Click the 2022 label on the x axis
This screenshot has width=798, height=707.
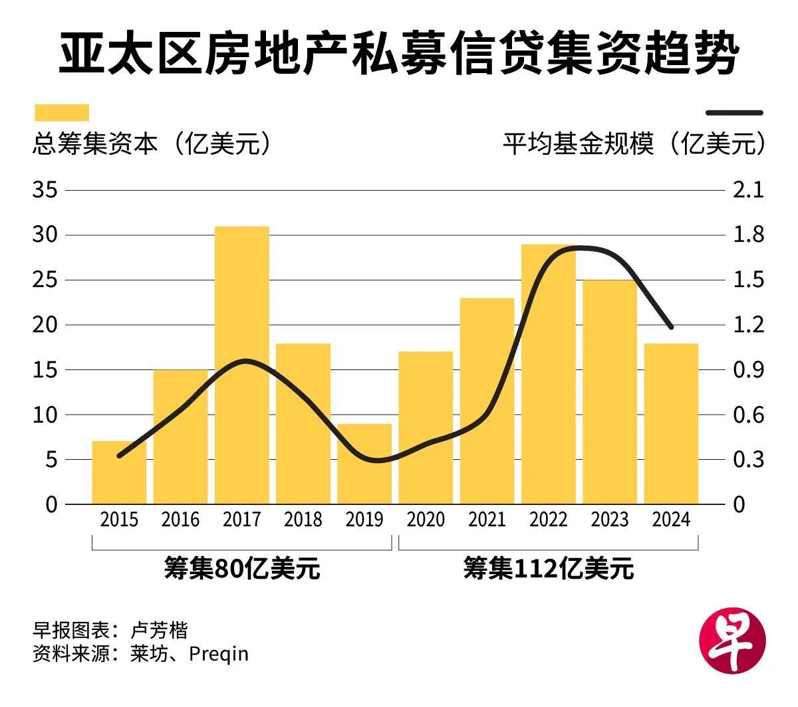[x=549, y=519]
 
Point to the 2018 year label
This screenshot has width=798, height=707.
[x=303, y=519]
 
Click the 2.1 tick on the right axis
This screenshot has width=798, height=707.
[x=748, y=190]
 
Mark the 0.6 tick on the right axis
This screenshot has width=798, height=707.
[x=748, y=415]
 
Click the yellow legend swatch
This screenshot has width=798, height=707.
[x=61, y=112]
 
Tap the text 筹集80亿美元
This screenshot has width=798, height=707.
[x=242, y=569]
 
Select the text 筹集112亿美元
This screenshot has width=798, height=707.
[x=549, y=569]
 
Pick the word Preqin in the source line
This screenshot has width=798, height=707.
[x=219, y=654]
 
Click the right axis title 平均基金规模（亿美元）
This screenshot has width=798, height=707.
[x=633, y=144]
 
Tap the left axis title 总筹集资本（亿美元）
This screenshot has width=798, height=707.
[x=153, y=144]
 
